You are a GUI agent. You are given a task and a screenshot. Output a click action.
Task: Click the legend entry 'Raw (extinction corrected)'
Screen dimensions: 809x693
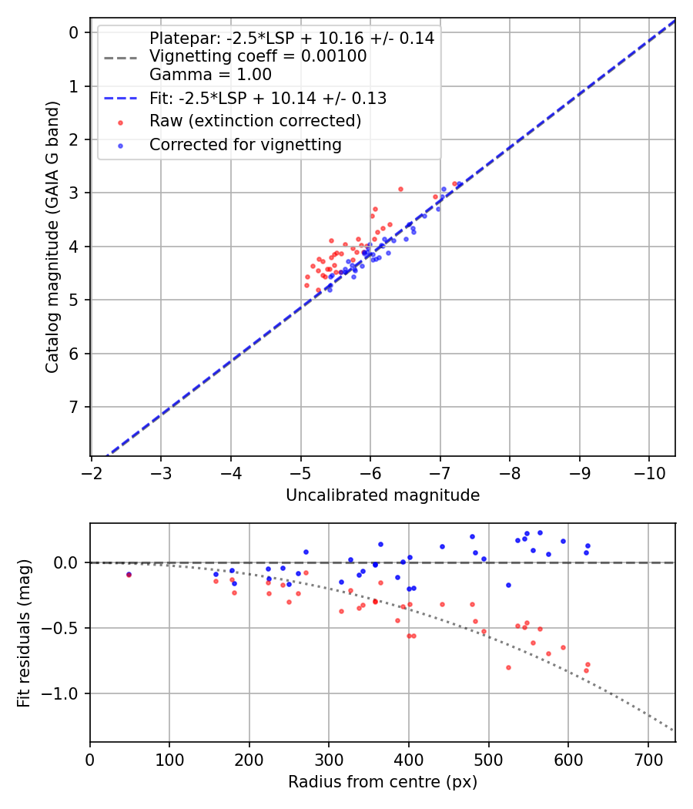pos(255,121)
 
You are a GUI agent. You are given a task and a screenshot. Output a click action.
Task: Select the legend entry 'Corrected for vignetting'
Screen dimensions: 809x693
pos(245,144)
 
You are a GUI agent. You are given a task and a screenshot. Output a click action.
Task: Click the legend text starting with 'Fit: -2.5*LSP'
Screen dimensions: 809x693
pos(267,98)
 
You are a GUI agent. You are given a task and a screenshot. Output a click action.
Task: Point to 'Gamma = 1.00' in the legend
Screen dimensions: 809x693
pos(210,75)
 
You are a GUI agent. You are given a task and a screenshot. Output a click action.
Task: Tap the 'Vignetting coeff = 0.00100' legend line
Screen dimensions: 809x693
pos(257,56)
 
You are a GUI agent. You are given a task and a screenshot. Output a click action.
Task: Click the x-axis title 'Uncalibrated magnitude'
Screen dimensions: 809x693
pos(383,495)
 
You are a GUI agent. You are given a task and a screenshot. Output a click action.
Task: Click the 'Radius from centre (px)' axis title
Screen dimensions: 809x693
pos(383,782)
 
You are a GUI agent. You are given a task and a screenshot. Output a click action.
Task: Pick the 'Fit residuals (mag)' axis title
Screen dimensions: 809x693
pos(24,633)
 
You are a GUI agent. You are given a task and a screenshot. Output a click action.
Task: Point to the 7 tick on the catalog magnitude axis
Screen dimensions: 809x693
pos(75,407)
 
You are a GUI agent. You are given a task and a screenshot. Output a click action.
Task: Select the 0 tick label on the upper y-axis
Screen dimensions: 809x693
pos(75,32)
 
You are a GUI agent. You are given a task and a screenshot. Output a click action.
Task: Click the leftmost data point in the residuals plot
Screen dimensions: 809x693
pos(129,574)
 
